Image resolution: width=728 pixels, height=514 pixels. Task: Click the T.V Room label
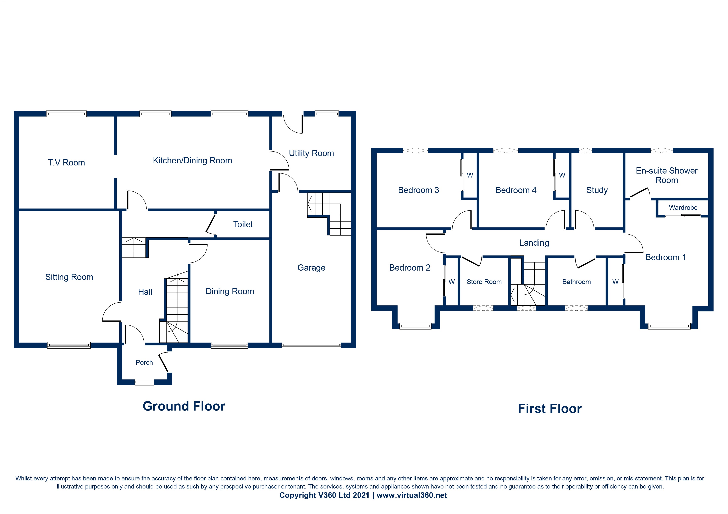(67, 163)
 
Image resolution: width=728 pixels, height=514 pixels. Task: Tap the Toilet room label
(243, 225)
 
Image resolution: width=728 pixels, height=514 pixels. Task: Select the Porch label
(144, 363)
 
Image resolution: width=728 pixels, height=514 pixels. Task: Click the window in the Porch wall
(144, 382)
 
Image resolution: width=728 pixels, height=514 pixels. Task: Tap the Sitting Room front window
(69, 345)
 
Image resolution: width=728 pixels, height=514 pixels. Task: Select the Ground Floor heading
(184, 406)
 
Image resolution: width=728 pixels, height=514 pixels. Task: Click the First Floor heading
(550, 409)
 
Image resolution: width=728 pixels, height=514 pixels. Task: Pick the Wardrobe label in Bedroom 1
(683, 208)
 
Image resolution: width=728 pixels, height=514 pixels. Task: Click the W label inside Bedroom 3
(470, 175)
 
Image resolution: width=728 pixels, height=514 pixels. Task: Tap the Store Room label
(484, 282)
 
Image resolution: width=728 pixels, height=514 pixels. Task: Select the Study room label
(597, 190)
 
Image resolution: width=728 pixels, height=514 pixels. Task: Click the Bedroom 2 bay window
(415, 326)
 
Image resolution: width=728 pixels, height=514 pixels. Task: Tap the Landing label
(534, 243)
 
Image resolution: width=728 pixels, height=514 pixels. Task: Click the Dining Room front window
(229, 345)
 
